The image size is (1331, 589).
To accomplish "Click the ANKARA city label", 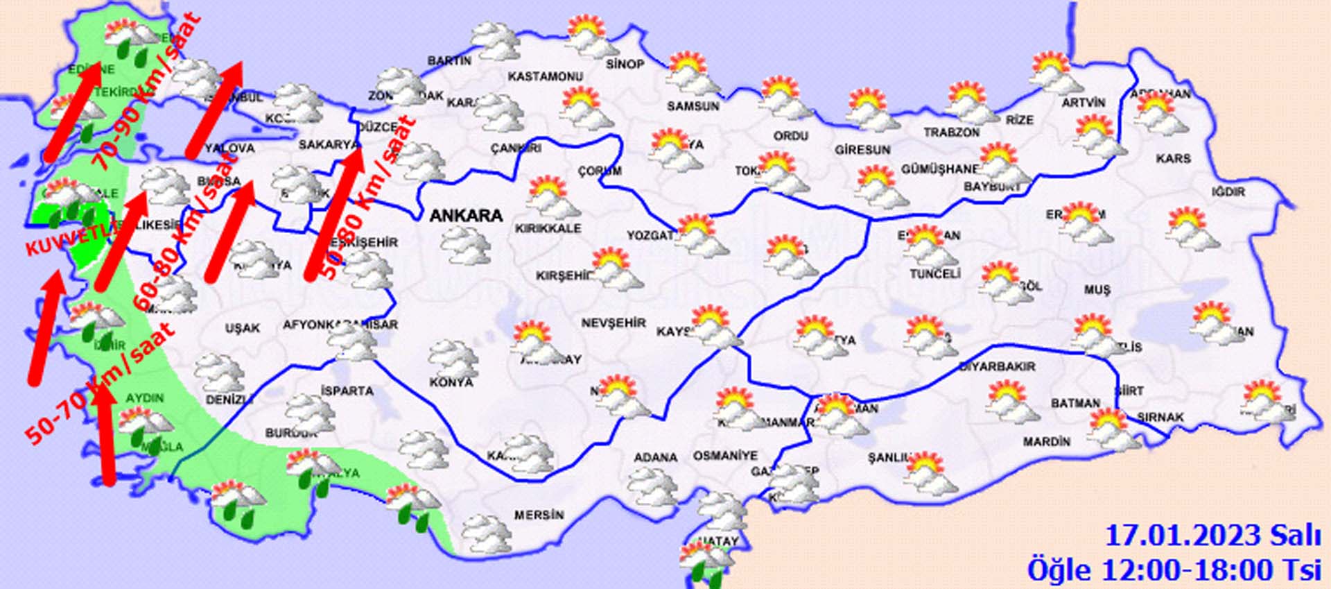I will [x=466, y=216].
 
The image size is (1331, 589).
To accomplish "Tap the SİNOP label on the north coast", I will [x=625, y=65].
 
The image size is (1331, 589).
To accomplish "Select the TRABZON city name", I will [x=951, y=132].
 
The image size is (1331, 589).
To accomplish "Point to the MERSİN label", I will [x=539, y=515].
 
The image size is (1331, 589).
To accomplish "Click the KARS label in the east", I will [x=1173, y=159].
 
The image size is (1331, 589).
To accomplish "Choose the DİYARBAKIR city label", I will [x=997, y=366].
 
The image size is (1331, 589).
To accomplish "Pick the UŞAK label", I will [x=242, y=328].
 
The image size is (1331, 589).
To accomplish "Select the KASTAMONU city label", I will [x=545, y=76].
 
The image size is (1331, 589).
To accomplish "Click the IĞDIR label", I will [x=1228, y=191].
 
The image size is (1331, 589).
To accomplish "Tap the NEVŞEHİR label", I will [x=613, y=323].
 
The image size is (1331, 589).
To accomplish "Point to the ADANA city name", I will [x=655, y=458].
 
